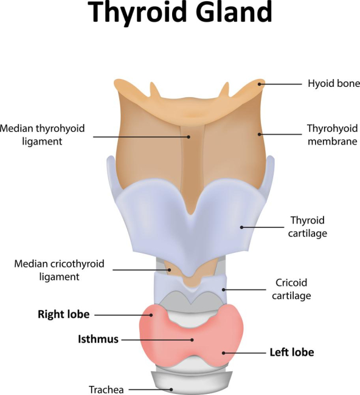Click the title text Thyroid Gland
180,12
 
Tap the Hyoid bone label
334,83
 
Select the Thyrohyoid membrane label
332,135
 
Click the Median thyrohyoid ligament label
42,135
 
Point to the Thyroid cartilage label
308,227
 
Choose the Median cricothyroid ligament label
59,270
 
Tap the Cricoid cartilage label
291,289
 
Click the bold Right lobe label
63,314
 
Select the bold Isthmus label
98,339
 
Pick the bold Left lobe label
292,352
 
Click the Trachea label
106,390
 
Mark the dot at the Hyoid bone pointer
260,84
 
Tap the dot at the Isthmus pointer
192,340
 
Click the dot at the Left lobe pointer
223,353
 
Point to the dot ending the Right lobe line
151,315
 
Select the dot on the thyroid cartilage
241,227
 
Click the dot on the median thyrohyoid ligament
189,137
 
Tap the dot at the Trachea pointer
171,390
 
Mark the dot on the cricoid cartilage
223,290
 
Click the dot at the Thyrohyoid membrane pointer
260,134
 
